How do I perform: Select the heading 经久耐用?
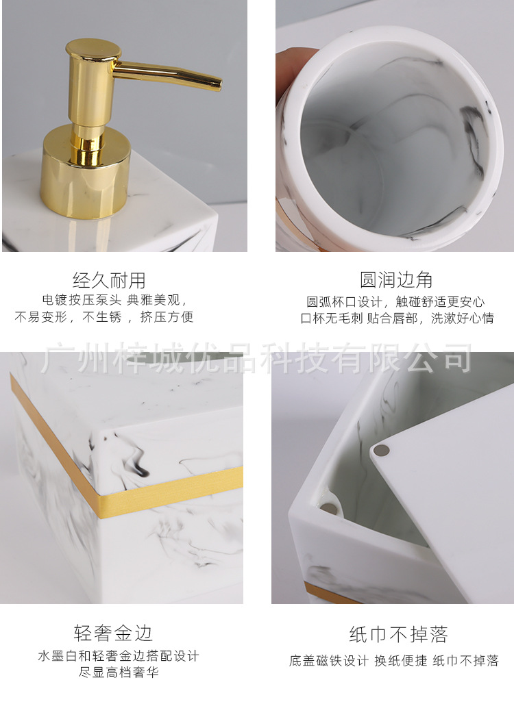tap(110, 279)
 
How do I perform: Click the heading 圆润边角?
tap(396, 279)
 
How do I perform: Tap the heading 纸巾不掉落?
tap(398, 634)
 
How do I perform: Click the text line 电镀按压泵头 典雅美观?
tap(114, 300)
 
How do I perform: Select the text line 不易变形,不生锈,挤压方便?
tap(104, 317)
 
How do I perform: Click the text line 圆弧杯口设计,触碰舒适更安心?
tap(395, 301)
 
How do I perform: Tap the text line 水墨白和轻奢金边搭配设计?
tap(119, 656)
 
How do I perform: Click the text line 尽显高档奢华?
tap(119, 672)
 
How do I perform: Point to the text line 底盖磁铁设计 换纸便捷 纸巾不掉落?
tap(393, 661)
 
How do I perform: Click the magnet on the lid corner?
tap(382, 451)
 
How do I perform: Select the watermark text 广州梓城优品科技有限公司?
tap(256, 357)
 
